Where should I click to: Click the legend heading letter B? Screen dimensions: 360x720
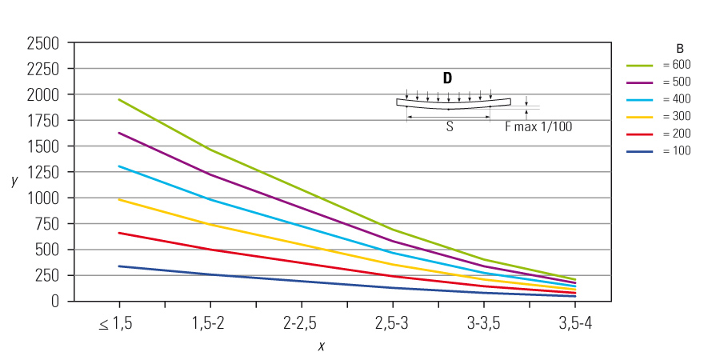(x=679, y=48)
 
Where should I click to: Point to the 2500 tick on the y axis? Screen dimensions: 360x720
(x=43, y=42)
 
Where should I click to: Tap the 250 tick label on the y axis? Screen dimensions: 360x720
(x=50, y=275)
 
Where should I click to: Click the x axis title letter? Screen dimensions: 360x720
(x=322, y=346)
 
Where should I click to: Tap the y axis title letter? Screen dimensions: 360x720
(x=14, y=181)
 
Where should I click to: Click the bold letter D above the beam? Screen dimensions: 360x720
(x=447, y=78)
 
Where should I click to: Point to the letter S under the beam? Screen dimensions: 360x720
(x=449, y=126)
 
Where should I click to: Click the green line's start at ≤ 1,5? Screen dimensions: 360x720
(x=119, y=99)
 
